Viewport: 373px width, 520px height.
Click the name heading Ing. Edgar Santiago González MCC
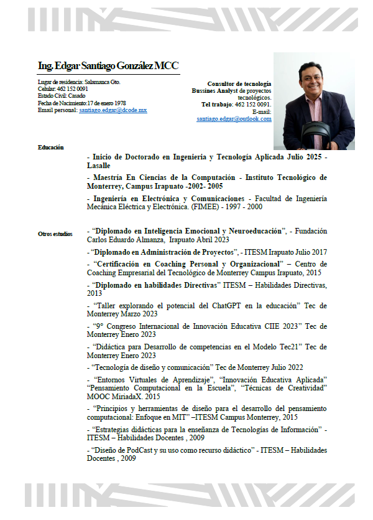pos(108,65)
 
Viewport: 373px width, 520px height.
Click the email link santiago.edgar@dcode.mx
pos(113,110)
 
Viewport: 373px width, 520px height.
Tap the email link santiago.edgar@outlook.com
pos(234,118)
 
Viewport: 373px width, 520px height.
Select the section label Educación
pos(50,147)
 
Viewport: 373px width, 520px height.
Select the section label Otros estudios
pos(55,234)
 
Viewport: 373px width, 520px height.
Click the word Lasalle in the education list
pos(99,166)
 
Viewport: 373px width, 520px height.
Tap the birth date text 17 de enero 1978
pos(107,103)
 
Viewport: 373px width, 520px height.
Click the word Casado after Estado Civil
pos(77,96)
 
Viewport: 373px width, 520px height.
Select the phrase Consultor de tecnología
pos(239,83)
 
